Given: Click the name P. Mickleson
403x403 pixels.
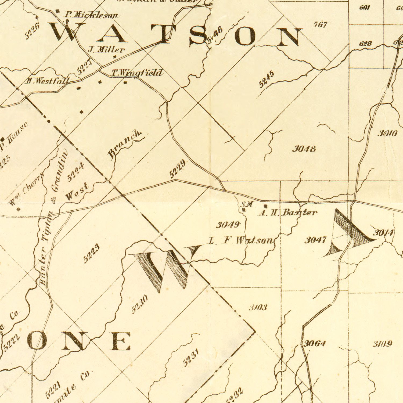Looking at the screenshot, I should pos(91,15).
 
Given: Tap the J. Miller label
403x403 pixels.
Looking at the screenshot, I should pos(107,50).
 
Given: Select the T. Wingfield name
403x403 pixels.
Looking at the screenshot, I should pos(137,73).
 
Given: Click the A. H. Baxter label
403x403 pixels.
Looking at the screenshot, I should pos(287,213).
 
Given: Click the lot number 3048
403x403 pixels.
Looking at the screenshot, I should pos(304,149).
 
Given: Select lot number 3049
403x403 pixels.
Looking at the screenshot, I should pos(228,225).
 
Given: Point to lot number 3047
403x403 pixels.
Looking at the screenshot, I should pos(316,240).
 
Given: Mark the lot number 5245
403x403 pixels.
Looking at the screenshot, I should pos(267,79).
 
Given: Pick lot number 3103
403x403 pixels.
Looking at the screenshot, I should pos(258,307).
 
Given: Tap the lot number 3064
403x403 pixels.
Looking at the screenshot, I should pos(315,343).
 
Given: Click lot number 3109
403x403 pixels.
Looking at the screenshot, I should pos(383,344).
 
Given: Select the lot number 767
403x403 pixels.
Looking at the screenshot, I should pos(321,25).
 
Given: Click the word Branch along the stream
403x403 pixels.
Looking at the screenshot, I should pos(124,144).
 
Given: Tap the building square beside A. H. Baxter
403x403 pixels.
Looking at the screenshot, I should pos(265,206).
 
